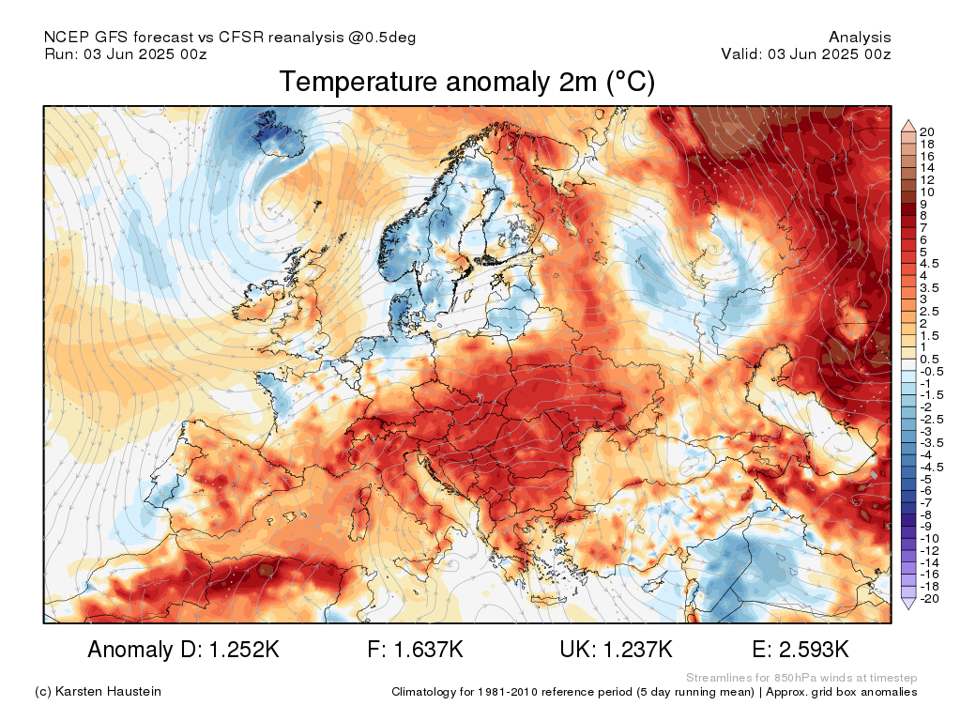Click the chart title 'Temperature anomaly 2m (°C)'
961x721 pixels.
[466, 83]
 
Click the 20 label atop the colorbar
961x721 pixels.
[927, 131]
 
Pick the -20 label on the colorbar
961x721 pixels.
[929, 598]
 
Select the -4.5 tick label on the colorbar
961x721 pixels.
[932, 466]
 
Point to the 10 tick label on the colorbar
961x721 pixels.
[927, 192]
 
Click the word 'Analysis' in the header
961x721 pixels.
[860, 38]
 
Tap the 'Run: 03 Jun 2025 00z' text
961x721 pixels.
[126, 54]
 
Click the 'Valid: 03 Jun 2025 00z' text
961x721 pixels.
[806, 54]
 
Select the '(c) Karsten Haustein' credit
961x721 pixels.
[98, 692]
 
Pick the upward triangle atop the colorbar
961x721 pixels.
[908, 125]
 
